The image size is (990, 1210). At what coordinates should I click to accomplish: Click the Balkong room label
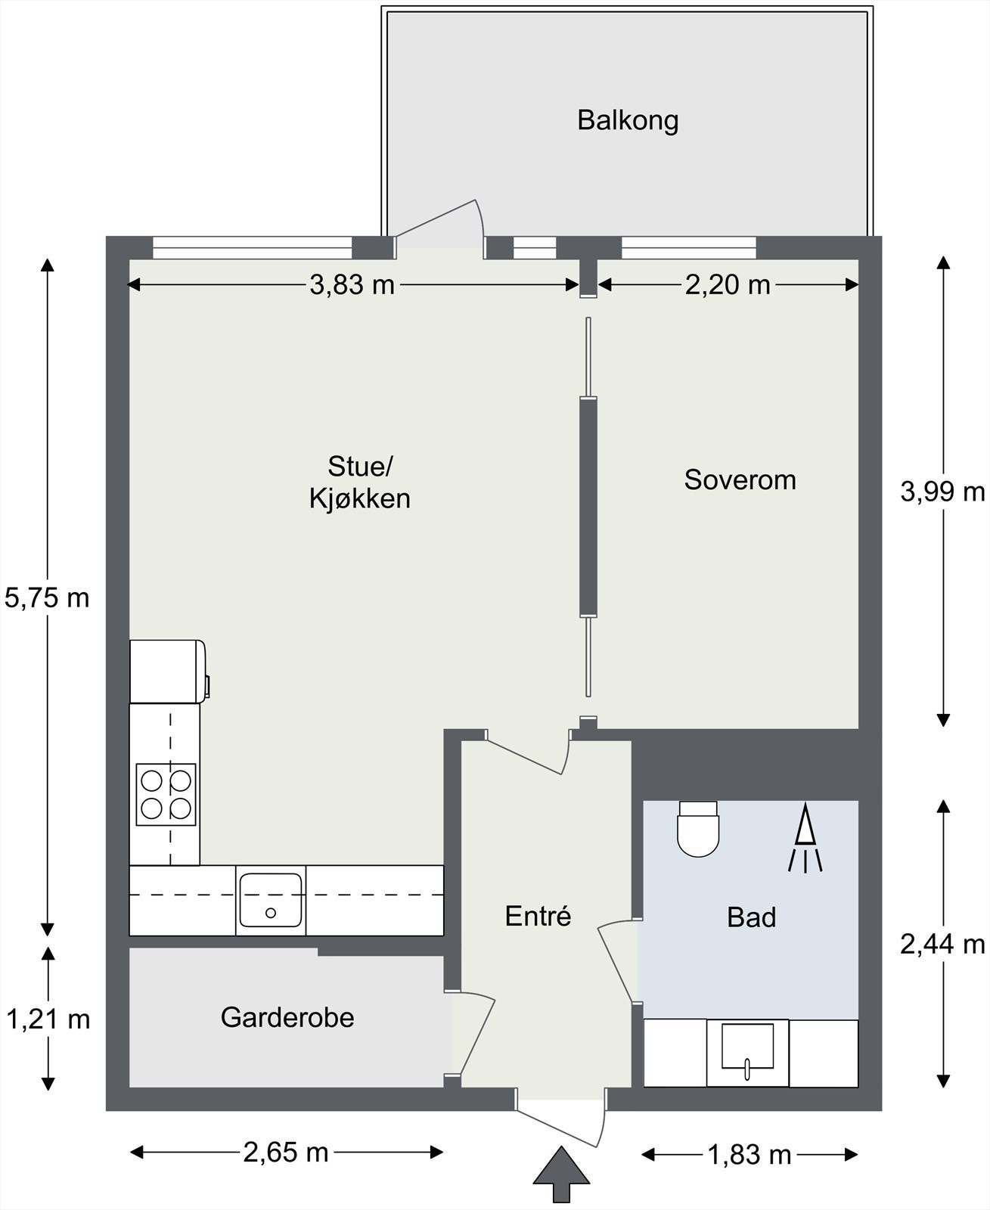point(628,121)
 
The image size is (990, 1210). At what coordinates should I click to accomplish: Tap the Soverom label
point(740,479)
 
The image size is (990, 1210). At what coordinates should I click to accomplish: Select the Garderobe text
point(287,1017)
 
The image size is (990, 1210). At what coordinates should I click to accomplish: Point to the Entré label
point(538,916)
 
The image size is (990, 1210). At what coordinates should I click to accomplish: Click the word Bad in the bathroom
point(752,917)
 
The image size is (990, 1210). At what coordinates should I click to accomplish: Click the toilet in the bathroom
point(699,828)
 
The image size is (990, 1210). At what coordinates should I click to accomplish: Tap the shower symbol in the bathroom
point(805,838)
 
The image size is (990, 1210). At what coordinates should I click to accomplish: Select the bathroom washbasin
point(747,1052)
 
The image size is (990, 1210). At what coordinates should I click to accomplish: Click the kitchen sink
point(271,900)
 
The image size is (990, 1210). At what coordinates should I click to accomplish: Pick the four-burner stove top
point(166,795)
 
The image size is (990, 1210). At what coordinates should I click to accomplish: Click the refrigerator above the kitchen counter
point(169,672)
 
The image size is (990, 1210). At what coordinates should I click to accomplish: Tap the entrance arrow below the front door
point(561,1173)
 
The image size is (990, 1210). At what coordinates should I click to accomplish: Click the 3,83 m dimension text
point(352,284)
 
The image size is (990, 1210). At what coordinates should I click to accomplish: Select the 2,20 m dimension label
point(728,284)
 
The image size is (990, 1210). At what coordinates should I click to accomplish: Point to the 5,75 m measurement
point(47,598)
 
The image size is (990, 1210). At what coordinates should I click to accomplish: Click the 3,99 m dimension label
point(943,492)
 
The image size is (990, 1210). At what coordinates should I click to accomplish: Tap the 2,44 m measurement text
point(943,944)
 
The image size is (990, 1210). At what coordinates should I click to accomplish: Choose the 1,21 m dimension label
point(48,1019)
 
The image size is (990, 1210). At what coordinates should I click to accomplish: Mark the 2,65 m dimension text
point(286,1152)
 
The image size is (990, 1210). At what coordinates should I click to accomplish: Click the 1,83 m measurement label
point(749,1155)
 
